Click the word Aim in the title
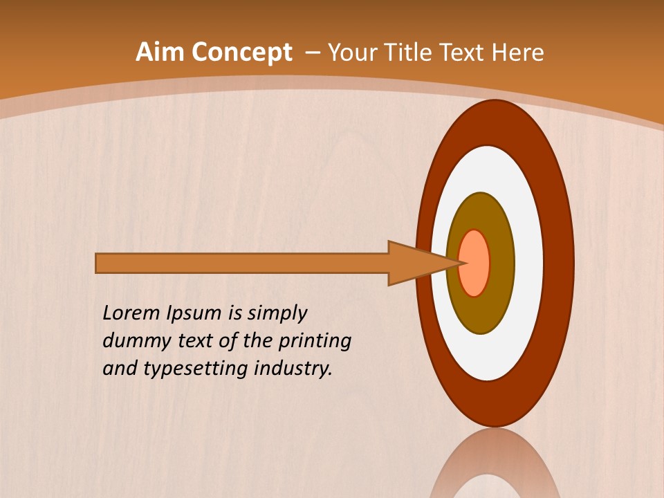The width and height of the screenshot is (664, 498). [x=159, y=53]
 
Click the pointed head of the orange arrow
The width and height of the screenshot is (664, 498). [x=422, y=263]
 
